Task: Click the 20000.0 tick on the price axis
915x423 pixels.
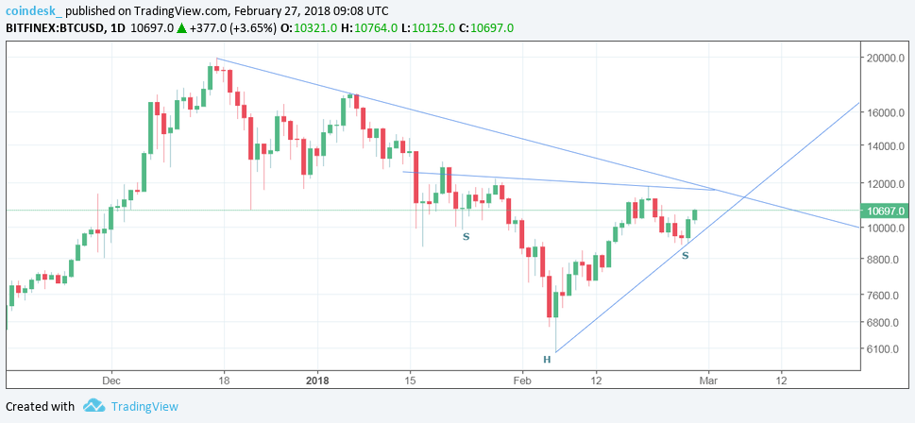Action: (x=886, y=59)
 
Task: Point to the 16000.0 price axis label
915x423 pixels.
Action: (x=886, y=112)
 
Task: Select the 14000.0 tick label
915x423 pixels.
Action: (x=886, y=147)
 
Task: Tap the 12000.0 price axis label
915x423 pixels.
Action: (x=886, y=184)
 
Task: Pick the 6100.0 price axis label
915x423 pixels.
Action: (x=884, y=349)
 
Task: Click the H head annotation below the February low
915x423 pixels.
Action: (x=546, y=360)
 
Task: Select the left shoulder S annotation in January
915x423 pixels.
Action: (x=466, y=236)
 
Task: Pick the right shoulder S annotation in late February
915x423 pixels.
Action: (x=686, y=256)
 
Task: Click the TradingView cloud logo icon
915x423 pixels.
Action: (x=93, y=406)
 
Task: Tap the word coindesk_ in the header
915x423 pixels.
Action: (x=35, y=10)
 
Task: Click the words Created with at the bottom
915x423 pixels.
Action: (x=40, y=406)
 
